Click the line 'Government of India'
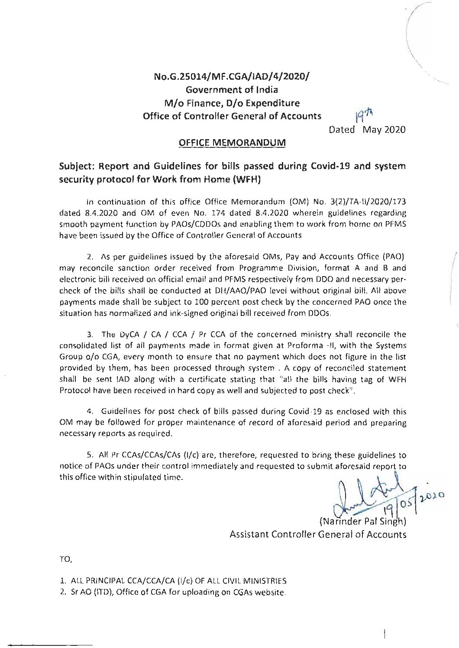point(232,90)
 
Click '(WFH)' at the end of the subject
point(245,179)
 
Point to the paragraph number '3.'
point(90,334)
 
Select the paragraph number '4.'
point(90,411)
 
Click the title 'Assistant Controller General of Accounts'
point(318,534)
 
